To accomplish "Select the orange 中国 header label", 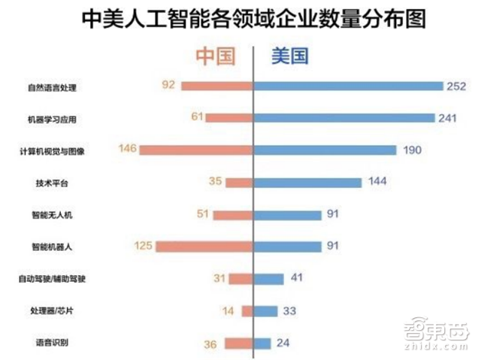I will [x=216, y=57].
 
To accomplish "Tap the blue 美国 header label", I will [x=286, y=57].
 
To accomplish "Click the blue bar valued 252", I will [x=348, y=86].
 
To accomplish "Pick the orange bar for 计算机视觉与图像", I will [x=196, y=150].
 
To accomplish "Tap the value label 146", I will [x=126, y=150].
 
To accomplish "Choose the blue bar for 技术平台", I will [x=308, y=182].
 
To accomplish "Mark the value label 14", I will [x=228, y=310].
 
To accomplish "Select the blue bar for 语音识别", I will [x=262, y=343].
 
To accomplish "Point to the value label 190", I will [x=413, y=150].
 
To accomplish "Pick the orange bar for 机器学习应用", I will [x=229, y=118].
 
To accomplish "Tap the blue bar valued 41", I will [x=269, y=279].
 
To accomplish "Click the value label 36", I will [x=211, y=344].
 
